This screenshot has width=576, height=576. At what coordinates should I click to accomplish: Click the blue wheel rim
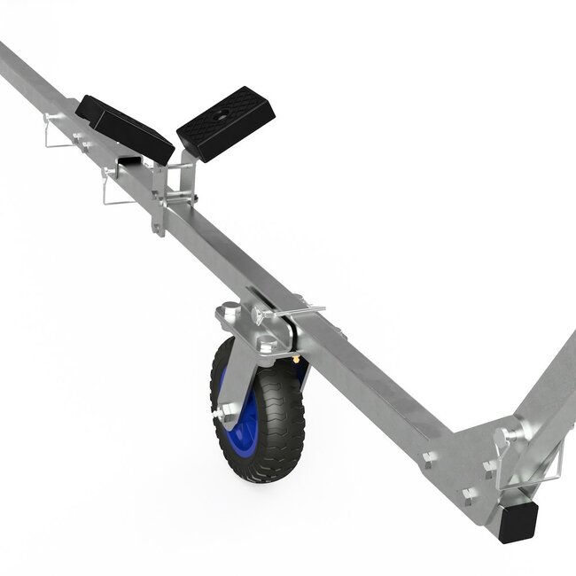click(249, 413)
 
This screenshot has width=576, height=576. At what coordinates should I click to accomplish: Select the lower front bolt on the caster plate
click(266, 346)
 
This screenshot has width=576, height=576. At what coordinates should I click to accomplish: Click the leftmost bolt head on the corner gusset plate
click(430, 458)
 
